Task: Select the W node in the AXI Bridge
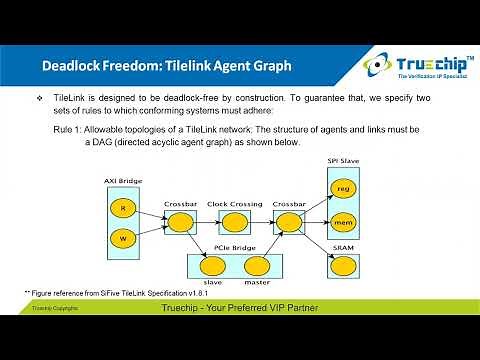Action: (x=122, y=239)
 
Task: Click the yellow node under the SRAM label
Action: (x=345, y=268)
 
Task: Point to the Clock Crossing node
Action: (x=233, y=223)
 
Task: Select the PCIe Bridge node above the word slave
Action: (x=212, y=266)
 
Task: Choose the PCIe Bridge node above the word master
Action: (x=257, y=266)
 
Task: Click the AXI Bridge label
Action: (x=121, y=182)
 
